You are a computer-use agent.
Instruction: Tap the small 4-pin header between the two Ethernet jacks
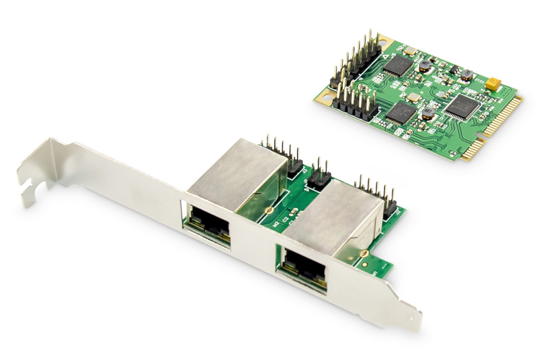click(x=319, y=174)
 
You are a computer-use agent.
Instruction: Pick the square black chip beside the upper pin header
click(x=400, y=65)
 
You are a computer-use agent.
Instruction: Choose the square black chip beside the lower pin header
click(x=400, y=111)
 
